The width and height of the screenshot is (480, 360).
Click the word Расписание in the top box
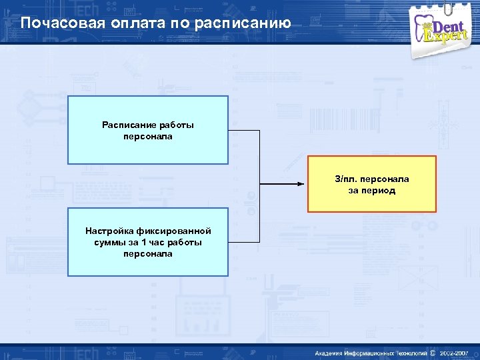[x=129, y=125]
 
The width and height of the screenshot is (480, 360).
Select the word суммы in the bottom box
[x=109, y=242]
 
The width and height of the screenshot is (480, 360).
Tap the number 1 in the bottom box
[x=143, y=242]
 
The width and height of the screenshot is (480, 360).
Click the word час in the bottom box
[x=157, y=242]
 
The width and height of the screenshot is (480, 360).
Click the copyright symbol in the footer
[x=433, y=352]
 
